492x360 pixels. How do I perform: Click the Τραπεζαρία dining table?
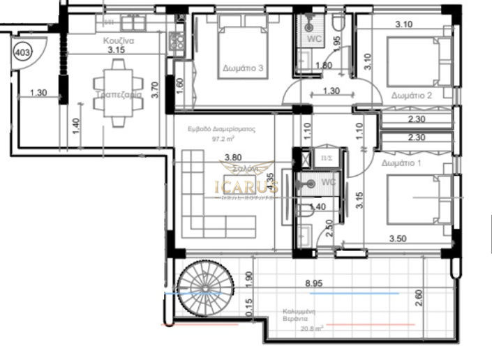[119, 93]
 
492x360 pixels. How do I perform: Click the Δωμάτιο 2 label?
[412, 96]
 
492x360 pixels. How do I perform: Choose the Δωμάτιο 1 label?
[403, 162]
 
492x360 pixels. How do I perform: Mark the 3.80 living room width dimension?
[223, 157]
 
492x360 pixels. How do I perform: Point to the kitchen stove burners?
[177, 41]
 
